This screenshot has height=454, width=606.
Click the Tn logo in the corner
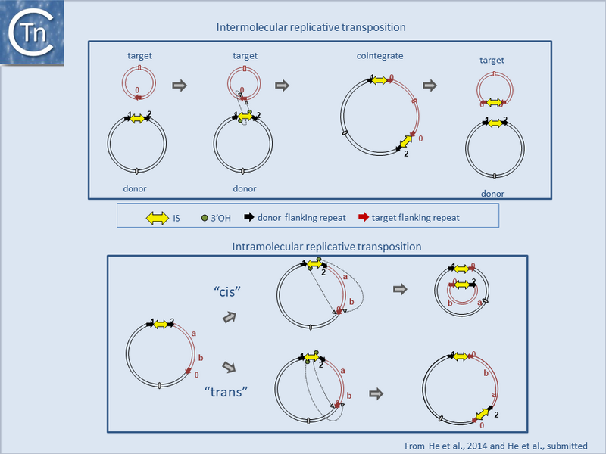click(x=31, y=32)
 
